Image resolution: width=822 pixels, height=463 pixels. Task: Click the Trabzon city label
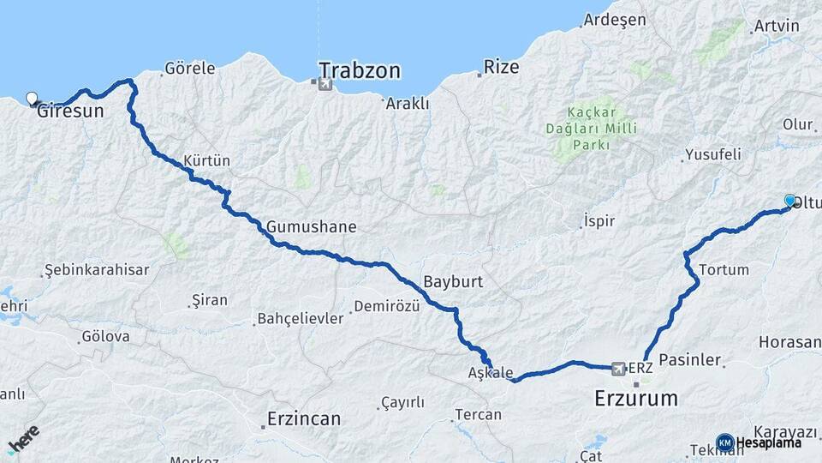[x=360, y=70]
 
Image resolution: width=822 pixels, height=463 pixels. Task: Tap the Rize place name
[x=501, y=67]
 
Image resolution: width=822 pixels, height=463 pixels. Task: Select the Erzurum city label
[x=636, y=398]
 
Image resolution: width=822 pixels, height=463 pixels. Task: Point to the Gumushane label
[x=311, y=227]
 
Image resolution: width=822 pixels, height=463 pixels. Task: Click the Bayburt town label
[x=453, y=281]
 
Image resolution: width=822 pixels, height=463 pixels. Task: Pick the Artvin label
[x=777, y=26]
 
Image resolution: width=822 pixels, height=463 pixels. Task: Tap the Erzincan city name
[x=303, y=418]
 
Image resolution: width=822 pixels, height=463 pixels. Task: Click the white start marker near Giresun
[x=33, y=99]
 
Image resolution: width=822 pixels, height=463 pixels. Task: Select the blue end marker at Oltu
[x=789, y=201]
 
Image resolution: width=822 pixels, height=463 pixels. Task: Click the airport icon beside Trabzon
[x=324, y=84]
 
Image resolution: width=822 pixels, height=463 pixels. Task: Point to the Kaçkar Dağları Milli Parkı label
[x=590, y=128]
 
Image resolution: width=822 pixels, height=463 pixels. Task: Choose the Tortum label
[x=724, y=269]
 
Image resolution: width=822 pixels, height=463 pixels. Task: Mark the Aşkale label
[x=491, y=373]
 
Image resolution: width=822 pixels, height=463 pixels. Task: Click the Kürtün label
[x=206, y=160]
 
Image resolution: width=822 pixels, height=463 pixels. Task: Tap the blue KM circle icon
[x=724, y=442]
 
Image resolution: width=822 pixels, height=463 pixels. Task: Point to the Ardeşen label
[x=616, y=21]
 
